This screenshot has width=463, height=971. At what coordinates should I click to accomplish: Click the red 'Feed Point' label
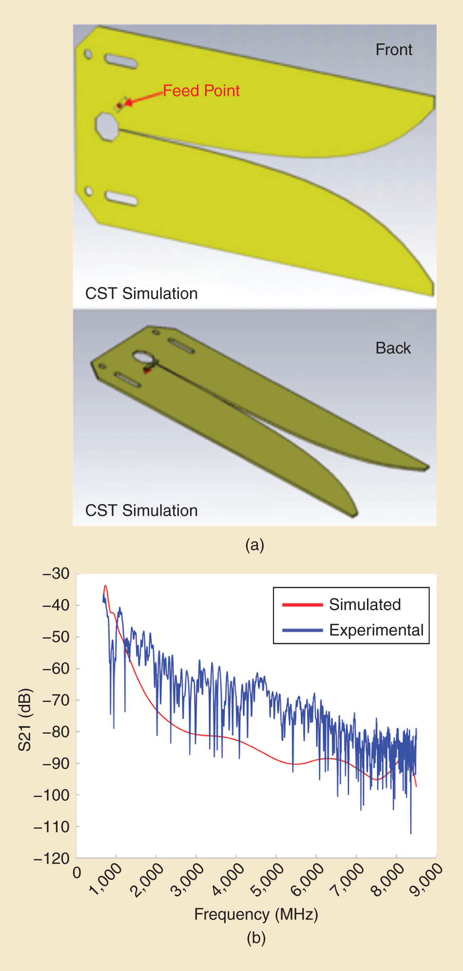[201, 91]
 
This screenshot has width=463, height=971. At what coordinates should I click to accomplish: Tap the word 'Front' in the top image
[394, 50]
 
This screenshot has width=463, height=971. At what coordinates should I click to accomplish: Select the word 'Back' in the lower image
[393, 348]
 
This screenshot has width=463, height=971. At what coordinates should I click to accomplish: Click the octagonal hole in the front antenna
[107, 126]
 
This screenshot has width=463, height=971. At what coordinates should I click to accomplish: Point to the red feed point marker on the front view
[119, 105]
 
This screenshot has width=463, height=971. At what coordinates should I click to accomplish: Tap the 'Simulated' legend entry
[365, 604]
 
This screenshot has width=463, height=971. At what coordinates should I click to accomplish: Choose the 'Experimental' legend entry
[376, 630]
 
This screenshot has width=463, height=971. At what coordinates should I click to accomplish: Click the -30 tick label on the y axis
[56, 573]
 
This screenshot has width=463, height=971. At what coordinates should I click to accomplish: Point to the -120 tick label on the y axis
[52, 858]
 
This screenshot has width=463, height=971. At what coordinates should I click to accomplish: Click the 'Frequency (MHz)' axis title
[256, 914]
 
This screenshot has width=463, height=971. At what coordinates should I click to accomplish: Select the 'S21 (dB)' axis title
[24, 719]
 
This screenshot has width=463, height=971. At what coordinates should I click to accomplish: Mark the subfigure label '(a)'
[255, 544]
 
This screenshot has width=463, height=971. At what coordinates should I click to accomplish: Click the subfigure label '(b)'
[256, 937]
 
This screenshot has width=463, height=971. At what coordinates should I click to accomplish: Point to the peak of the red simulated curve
[105, 586]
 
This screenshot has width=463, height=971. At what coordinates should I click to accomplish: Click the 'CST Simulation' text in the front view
[141, 293]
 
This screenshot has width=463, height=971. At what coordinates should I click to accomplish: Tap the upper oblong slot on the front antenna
[121, 61]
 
